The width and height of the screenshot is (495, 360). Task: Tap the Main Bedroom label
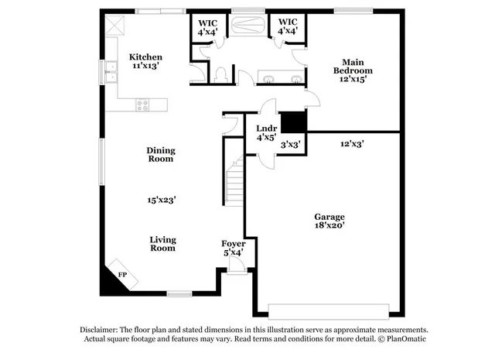pyautogui.click(x=349, y=70)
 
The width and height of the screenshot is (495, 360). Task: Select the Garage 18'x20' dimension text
pyautogui.click(x=329, y=225)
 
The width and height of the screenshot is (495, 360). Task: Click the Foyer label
pyautogui.click(x=234, y=248)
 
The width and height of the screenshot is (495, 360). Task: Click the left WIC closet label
pyautogui.click(x=207, y=27)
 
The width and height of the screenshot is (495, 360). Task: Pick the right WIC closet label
pyautogui.click(x=288, y=27)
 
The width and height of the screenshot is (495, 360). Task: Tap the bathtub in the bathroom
pyautogui.click(x=247, y=25)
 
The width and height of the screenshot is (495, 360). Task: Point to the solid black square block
pyautogui.click(x=292, y=122)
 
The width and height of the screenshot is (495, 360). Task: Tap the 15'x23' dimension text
pyautogui.click(x=162, y=200)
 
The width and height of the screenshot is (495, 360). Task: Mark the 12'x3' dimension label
pyautogui.click(x=352, y=144)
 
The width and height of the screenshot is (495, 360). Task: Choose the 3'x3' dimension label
pyautogui.click(x=291, y=144)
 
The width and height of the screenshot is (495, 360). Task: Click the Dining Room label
pyautogui.click(x=160, y=155)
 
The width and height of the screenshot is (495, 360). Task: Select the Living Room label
pyautogui.click(x=162, y=244)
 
